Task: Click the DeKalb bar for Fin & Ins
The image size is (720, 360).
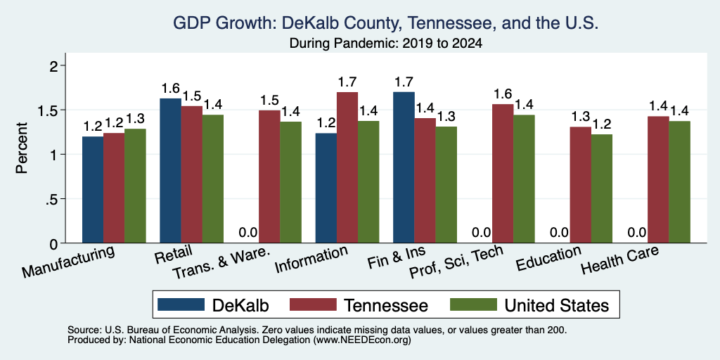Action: click(x=404, y=167)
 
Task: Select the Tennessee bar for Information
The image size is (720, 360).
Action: click(x=347, y=167)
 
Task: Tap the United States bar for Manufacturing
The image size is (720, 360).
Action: click(x=135, y=186)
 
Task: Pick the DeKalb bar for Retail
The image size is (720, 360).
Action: click(x=170, y=171)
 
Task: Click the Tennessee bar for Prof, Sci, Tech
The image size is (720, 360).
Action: click(x=503, y=174)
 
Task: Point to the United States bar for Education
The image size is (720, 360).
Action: click(x=602, y=188)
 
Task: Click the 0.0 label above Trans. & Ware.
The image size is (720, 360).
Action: click(x=248, y=232)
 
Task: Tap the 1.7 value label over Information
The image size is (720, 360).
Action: click(x=347, y=82)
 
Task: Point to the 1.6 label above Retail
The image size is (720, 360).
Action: click(x=170, y=89)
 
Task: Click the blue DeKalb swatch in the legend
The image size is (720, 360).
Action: click(x=181, y=304)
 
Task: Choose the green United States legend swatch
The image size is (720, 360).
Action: click(x=473, y=304)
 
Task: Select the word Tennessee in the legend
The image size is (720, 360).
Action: click(x=386, y=305)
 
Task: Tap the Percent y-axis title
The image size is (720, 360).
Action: click(x=22, y=148)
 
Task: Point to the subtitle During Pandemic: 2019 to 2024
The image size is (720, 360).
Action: click(x=386, y=44)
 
